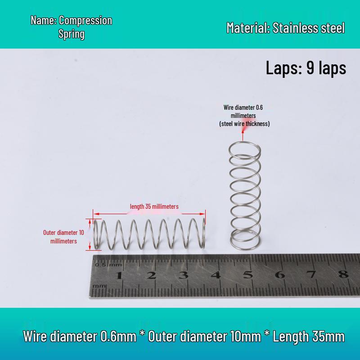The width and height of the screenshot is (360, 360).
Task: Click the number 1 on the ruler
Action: tap(119, 275)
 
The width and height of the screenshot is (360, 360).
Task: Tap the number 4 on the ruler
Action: tap(216, 275)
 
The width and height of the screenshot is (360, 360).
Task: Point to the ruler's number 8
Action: tap(343, 274)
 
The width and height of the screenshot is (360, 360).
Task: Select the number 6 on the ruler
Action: tap(279, 274)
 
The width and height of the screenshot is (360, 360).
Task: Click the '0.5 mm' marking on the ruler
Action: tap(108, 265)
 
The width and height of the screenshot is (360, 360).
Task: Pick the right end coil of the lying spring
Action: tap(203, 233)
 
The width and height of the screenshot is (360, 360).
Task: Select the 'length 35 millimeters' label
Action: tap(154, 207)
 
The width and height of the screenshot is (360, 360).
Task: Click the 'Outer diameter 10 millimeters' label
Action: tap(63, 237)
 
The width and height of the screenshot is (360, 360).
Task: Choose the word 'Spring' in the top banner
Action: tap(72, 34)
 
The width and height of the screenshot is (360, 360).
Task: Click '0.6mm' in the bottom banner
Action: tap(118, 336)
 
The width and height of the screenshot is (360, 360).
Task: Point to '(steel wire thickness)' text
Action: tap(244, 124)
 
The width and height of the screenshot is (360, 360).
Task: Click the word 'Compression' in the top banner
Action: tap(85, 20)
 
